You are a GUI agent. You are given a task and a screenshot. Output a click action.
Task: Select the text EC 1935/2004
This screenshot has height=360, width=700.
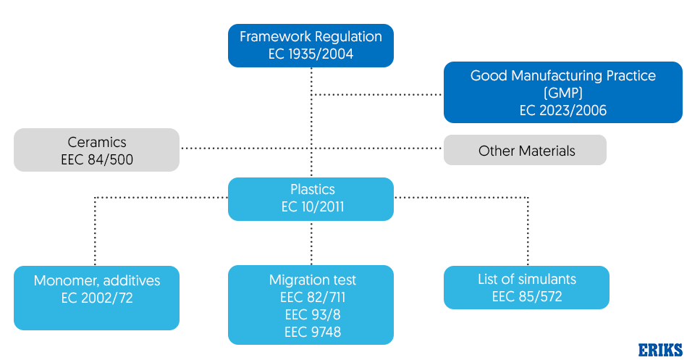click(x=311, y=54)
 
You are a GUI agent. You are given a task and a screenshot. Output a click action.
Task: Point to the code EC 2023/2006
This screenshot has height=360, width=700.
click(x=562, y=111)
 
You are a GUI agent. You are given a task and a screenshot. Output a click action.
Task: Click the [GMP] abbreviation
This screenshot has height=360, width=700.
click(x=562, y=93)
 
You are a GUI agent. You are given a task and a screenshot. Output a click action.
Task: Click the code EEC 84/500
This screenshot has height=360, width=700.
click(x=96, y=159)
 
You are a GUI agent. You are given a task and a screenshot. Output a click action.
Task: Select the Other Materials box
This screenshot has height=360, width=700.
click(x=525, y=150)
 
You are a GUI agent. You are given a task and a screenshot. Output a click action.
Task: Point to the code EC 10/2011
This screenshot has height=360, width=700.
click(x=311, y=208)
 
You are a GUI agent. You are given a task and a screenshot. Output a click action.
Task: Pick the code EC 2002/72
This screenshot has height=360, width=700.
click(x=96, y=297)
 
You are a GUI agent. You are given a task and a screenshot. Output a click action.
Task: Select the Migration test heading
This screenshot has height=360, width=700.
click(x=312, y=280)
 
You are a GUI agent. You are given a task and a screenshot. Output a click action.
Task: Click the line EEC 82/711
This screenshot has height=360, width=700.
click(x=312, y=297)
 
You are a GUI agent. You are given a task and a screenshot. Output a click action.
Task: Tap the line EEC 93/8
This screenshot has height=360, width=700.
click(x=312, y=314)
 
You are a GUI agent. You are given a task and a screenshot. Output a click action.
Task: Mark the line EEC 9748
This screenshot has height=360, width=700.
click(x=312, y=332)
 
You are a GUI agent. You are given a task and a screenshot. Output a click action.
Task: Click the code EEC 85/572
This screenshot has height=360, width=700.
click(x=526, y=297)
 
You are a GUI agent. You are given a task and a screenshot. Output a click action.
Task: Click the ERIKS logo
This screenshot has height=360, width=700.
click(x=659, y=350)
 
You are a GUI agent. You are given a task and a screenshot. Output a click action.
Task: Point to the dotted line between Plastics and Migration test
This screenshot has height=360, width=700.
click(x=311, y=243)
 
